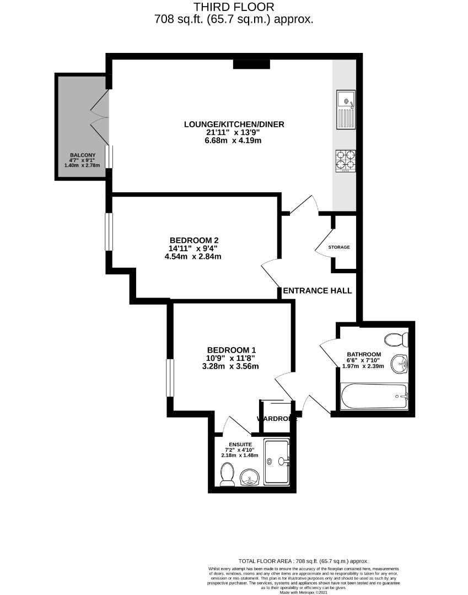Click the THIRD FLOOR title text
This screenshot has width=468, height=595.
coord(234,7)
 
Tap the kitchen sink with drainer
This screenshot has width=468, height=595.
coord(346,110)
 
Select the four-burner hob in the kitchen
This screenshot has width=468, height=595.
coord(346,160)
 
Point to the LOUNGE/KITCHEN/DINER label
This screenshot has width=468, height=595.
coord(234,125)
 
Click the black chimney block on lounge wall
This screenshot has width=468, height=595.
coord(251,64)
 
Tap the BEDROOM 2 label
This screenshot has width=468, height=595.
coord(194,240)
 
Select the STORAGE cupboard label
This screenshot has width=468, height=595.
coord(339,247)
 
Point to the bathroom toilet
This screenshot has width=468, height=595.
coord(396,338)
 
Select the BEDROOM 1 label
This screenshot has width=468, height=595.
coord(232,350)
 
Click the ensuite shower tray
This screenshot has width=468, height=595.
coord(277,462)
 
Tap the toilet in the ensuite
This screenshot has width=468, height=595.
coord(227,474)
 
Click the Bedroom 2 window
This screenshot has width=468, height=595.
coord(110,231)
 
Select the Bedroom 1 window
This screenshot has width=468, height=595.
coord(171,377)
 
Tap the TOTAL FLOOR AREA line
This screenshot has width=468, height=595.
coord(304,561)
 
